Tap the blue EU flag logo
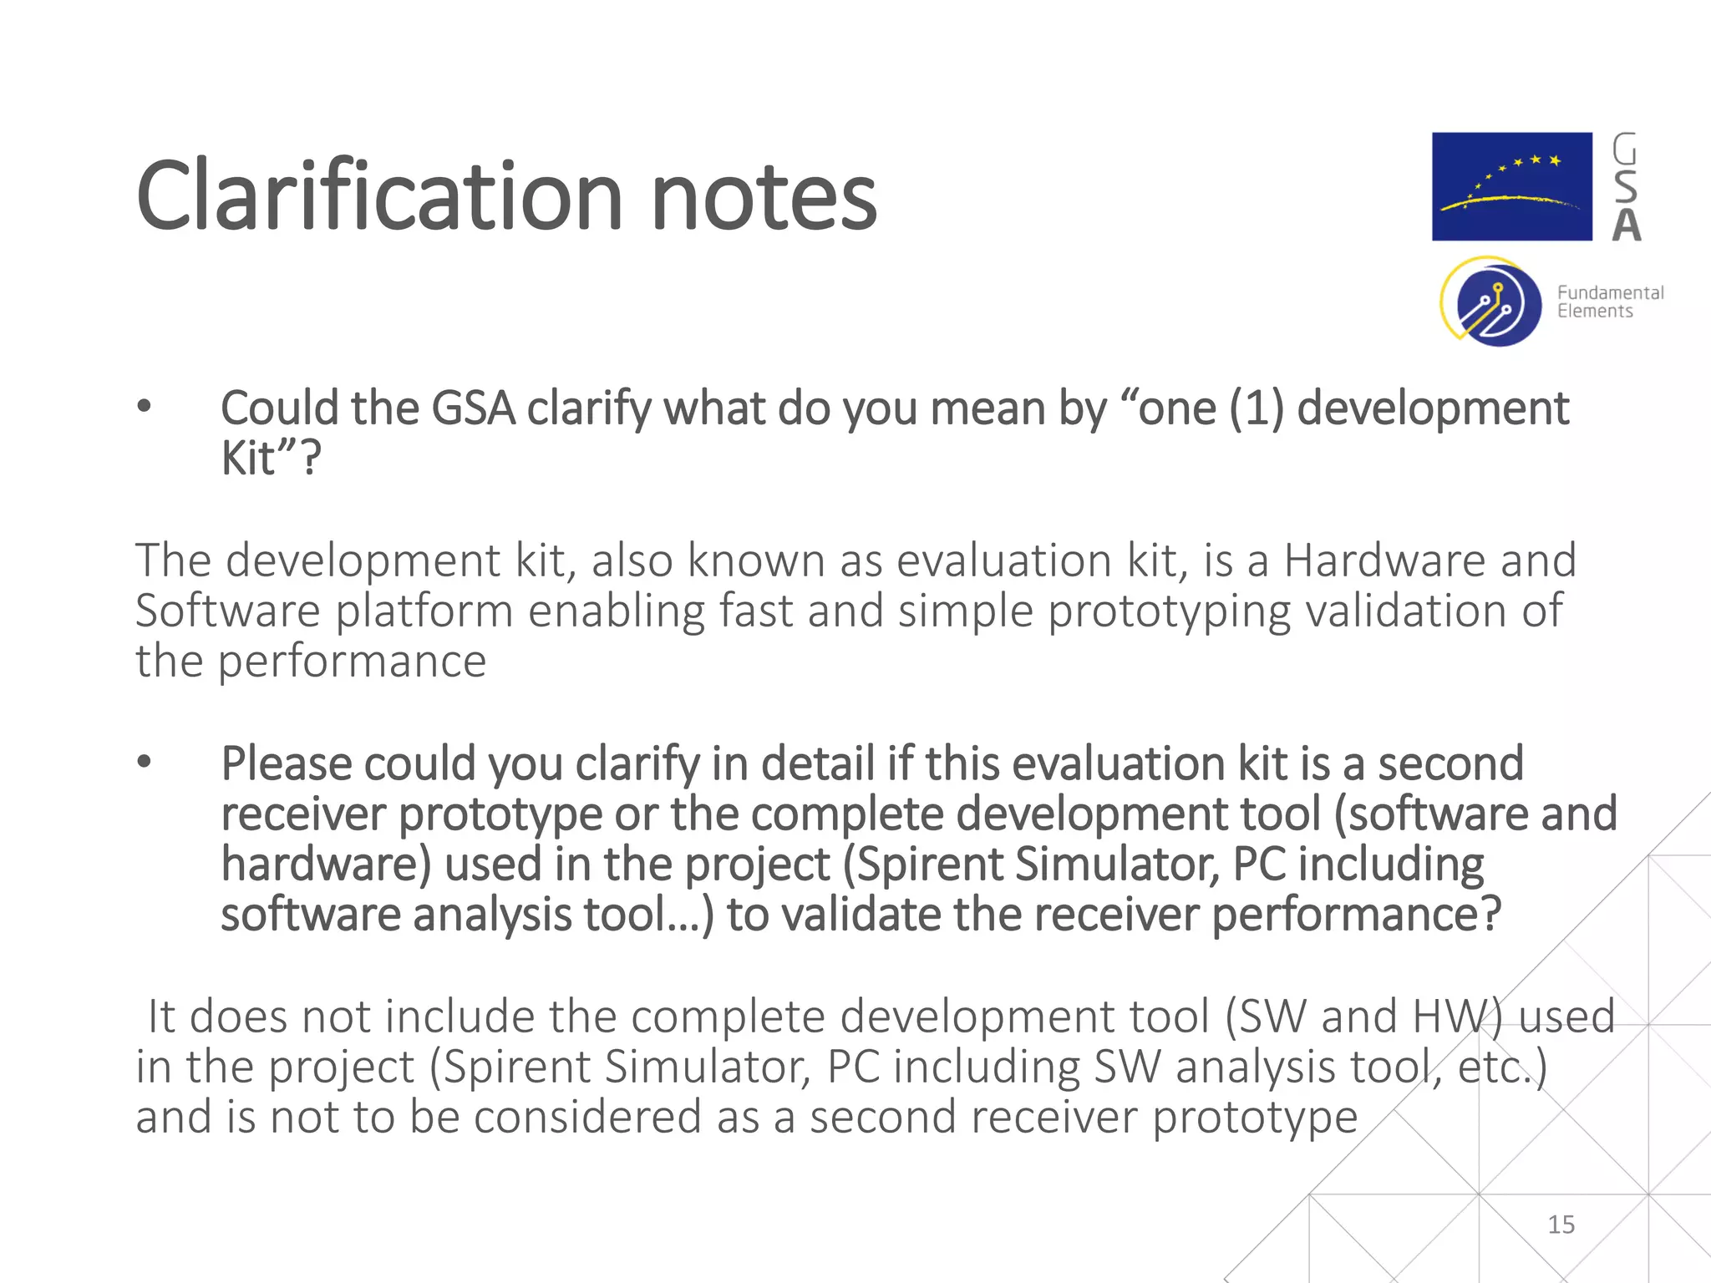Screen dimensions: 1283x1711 tap(1511, 186)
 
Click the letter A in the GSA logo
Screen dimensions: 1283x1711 tap(1626, 226)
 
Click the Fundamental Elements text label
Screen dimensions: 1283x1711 tap(1610, 302)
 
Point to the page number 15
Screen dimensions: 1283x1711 tap(1561, 1225)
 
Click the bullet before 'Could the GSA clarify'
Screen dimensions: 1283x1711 tap(145, 407)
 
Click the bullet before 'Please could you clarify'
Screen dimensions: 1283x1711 tap(145, 762)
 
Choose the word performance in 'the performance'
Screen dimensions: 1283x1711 tap(352, 662)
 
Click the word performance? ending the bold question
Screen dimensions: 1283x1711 tap(1356, 915)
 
